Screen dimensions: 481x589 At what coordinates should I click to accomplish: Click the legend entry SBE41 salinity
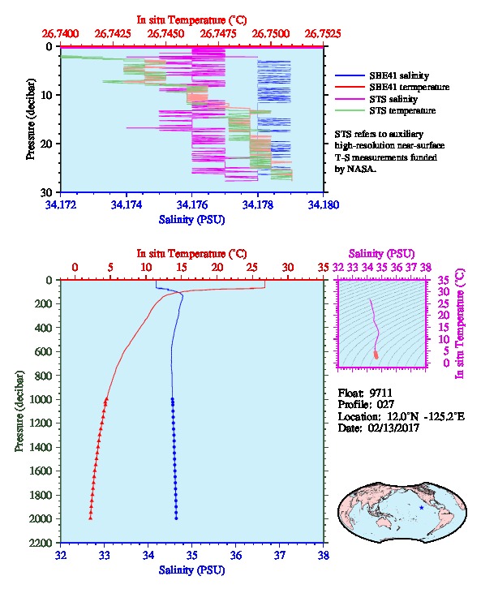(399, 75)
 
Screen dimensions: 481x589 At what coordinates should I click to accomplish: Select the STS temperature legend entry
(402, 110)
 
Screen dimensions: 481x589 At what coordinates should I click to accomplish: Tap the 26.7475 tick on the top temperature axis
(217, 34)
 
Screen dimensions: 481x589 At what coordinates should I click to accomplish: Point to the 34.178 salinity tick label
(258, 204)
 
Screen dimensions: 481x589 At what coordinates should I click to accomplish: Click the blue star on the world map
(421, 508)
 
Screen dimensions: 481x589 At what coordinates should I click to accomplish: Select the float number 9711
(380, 393)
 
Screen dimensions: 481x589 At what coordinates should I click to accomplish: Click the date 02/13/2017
(393, 428)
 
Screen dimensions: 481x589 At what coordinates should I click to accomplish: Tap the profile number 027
(385, 405)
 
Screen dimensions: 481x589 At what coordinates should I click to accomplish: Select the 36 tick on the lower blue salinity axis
(236, 555)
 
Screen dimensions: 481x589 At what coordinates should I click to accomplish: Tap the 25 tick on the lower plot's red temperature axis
(252, 268)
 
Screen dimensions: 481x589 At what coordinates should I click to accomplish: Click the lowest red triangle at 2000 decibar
(91, 518)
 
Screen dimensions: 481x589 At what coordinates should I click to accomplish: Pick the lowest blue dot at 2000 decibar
(176, 518)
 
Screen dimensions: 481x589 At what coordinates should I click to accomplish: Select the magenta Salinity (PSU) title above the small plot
(381, 254)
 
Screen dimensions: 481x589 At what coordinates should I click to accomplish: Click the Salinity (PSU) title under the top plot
(191, 219)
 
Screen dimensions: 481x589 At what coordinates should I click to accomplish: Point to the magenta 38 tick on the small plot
(425, 268)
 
